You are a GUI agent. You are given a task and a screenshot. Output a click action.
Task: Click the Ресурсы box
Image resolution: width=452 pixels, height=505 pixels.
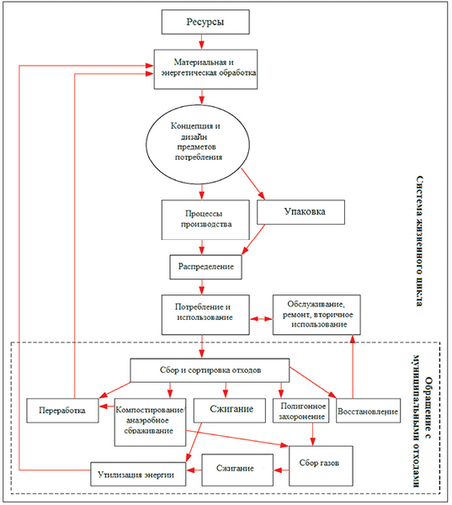(x=205, y=22)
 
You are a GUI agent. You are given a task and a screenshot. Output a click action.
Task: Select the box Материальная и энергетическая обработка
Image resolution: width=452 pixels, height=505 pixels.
(x=205, y=69)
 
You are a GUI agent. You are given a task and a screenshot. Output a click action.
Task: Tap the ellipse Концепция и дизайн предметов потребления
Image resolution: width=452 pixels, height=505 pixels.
(x=198, y=144)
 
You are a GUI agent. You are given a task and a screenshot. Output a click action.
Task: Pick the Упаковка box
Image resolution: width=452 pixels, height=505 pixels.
(x=300, y=212)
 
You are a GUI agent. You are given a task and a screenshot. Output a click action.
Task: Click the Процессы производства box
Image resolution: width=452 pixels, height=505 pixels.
(x=205, y=220)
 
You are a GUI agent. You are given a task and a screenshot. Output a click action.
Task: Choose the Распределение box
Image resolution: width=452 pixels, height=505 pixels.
(x=205, y=267)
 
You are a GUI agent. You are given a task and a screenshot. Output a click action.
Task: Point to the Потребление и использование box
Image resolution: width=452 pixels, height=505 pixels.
(x=205, y=315)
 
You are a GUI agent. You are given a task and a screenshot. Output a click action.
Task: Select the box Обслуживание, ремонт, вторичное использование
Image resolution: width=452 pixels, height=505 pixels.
(x=316, y=315)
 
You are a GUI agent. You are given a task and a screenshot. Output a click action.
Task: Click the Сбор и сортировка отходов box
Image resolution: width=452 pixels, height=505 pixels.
(x=210, y=370)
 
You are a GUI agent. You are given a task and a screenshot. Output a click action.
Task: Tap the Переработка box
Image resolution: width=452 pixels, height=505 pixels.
(x=62, y=411)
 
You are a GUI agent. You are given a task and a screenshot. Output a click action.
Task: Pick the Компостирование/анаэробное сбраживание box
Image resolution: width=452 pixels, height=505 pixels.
(x=150, y=423)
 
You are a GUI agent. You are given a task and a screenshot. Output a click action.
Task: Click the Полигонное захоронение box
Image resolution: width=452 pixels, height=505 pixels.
(x=300, y=411)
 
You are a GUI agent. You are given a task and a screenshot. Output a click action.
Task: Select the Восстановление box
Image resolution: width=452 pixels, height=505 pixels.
(x=368, y=411)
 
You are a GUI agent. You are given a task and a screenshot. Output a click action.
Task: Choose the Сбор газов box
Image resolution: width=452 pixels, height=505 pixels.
(x=321, y=465)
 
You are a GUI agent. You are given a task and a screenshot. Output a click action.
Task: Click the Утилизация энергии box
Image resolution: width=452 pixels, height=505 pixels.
(x=138, y=474)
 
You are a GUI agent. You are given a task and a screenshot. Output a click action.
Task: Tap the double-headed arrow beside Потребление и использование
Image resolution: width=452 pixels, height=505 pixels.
(x=261, y=318)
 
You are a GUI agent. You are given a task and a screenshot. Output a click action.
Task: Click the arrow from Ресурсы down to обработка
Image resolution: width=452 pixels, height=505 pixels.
(x=202, y=42)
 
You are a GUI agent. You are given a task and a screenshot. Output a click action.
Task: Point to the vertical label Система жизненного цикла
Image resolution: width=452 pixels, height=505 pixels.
(x=419, y=241)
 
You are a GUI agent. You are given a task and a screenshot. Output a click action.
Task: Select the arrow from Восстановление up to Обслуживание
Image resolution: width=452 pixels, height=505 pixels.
(x=353, y=366)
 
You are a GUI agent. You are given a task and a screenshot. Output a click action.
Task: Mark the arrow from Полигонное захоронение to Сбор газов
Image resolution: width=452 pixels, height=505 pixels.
(x=312, y=434)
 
